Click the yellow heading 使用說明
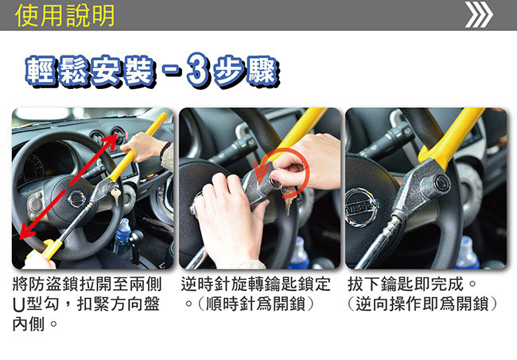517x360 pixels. pyautogui.click(x=64, y=15)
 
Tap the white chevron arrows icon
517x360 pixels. pyautogui.click(x=479, y=15)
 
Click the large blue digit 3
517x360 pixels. pyautogui.click(x=198, y=71)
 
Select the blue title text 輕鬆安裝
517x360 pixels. pyautogui.click(x=90, y=72)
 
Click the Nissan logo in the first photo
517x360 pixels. pyautogui.click(x=77, y=199)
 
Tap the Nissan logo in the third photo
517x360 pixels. pyautogui.click(x=361, y=207)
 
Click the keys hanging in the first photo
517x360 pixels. pyautogui.click(x=115, y=194)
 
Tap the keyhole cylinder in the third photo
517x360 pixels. pyautogui.click(x=441, y=181)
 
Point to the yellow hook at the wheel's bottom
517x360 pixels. pyautogui.click(x=49, y=250)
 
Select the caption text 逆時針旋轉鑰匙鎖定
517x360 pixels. pyautogui.click(x=255, y=284)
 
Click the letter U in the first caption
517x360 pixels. pyautogui.click(x=19, y=305)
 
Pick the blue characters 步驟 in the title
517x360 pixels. pyautogui.click(x=246, y=72)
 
